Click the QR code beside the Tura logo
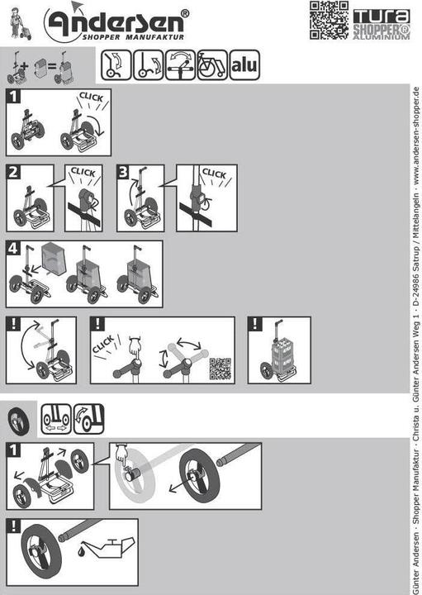pos(329,20)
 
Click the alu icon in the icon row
pos(244,65)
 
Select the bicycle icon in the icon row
pos(212,65)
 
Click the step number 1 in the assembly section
pos(13,97)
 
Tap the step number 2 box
pos(13,172)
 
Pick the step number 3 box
pos(124,172)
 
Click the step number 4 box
pos(13,248)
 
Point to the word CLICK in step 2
pos(83,172)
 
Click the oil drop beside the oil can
pos(81,551)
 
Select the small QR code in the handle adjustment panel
pos(220,369)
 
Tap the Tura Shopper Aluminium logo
pos(382,24)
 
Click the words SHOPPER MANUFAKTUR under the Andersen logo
pos(133,37)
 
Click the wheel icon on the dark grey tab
pos(18,421)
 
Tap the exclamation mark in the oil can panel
pos(13,526)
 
